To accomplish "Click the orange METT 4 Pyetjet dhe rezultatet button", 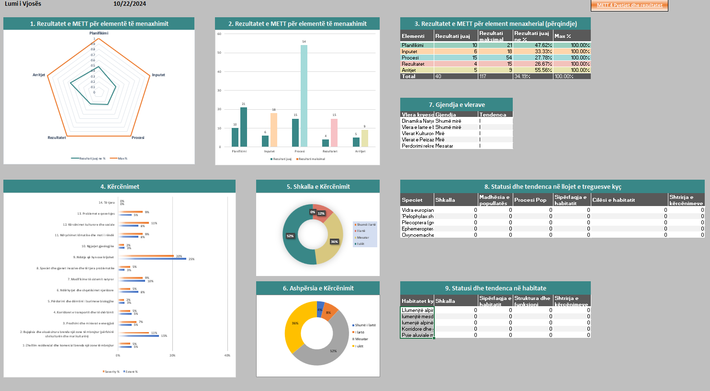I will click(x=629, y=5).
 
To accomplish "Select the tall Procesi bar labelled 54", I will click(x=304, y=96).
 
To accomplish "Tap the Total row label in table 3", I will click(x=409, y=76).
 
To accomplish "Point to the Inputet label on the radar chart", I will click(x=158, y=75).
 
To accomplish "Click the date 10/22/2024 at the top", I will click(x=130, y=4).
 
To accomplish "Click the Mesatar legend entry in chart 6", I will click(x=361, y=339).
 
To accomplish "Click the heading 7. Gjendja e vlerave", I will click(x=456, y=104).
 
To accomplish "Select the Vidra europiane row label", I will click(x=417, y=210).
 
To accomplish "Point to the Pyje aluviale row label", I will click(x=417, y=335).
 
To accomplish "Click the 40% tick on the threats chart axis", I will click(x=227, y=356).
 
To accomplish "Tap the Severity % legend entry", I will click(x=112, y=371).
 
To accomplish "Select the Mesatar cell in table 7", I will click(x=444, y=146).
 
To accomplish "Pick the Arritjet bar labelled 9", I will click(x=364, y=138).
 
